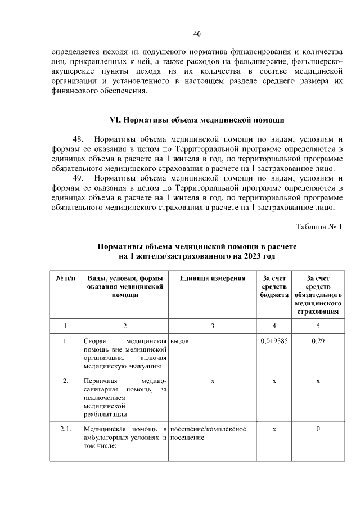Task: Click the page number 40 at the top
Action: (197, 34)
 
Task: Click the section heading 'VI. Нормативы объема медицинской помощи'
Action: (196, 120)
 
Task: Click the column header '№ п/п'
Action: (66, 278)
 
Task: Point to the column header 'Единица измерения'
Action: (213, 278)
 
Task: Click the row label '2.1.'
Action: (66, 430)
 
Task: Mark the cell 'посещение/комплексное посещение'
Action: (208, 434)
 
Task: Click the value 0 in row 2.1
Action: (318, 430)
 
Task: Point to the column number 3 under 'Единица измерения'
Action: (213, 325)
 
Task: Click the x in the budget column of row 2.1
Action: (274, 430)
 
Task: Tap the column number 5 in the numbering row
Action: (318, 325)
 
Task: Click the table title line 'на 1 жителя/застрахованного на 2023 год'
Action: (196, 256)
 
